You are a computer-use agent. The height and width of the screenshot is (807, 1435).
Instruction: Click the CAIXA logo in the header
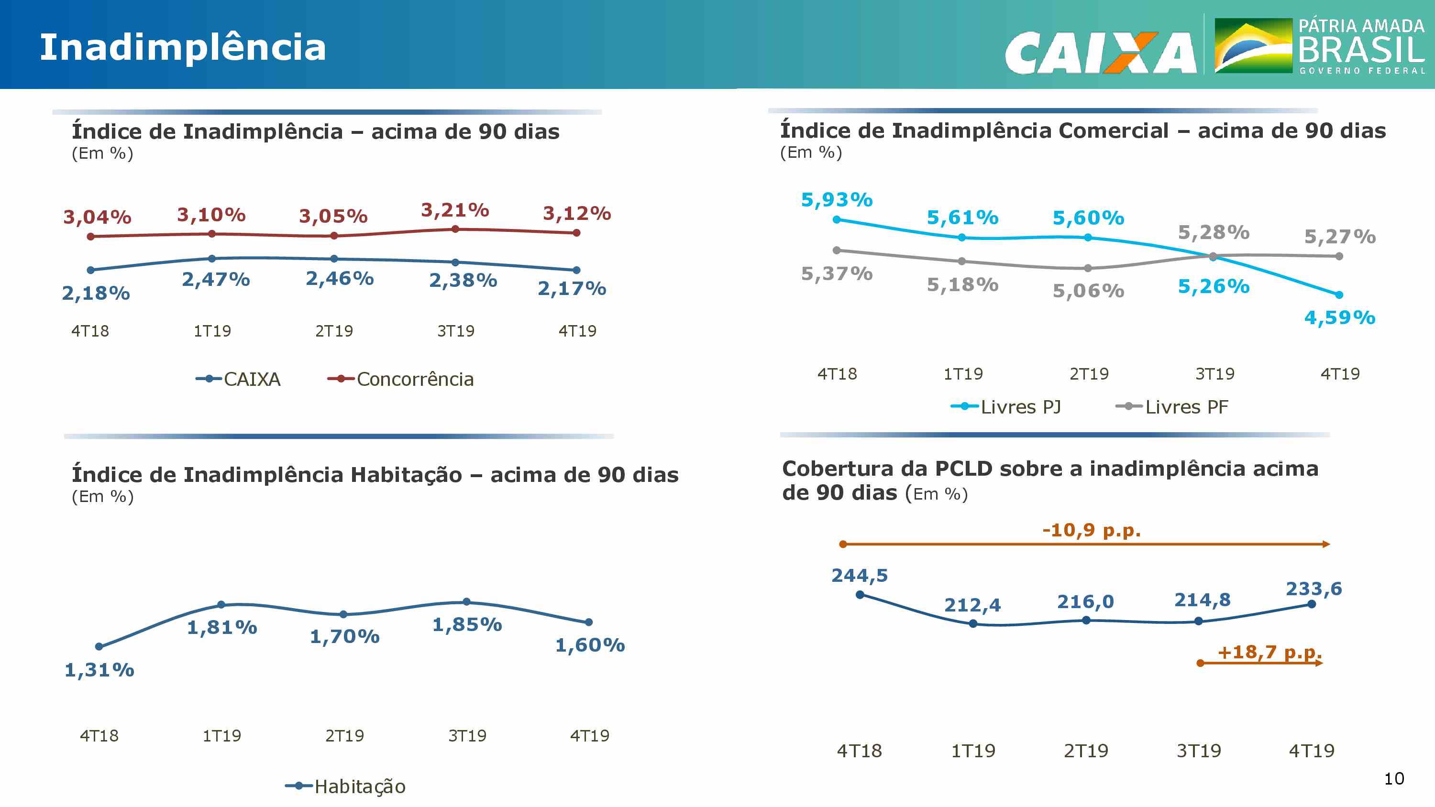(1100, 53)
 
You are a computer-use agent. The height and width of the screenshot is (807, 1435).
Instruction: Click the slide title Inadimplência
(183, 47)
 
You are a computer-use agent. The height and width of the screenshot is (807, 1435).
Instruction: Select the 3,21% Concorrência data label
(454, 210)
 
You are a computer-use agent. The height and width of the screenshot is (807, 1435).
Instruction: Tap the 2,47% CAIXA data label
(216, 279)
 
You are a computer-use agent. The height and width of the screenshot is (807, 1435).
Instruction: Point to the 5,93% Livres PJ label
(836, 199)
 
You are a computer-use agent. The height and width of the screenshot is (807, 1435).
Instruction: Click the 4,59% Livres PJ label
(1339, 317)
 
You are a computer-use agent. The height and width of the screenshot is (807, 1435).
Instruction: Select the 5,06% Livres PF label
(1088, 291)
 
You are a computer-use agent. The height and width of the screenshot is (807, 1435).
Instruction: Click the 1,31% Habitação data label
(99, 669)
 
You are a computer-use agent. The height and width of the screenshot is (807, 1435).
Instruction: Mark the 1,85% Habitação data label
(467, 624)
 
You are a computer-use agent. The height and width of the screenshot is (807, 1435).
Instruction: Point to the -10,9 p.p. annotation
(1091, 530)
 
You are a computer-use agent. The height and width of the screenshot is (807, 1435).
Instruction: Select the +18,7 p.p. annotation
(1269, 652)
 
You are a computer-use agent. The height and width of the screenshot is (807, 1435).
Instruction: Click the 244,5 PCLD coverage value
(859, 575)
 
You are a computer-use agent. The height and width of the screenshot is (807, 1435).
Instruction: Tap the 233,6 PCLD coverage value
(1313, 589)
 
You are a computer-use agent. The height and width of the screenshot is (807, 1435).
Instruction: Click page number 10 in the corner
(1394, 779)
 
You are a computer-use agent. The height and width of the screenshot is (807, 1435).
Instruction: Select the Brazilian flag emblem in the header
(1253, 46)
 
